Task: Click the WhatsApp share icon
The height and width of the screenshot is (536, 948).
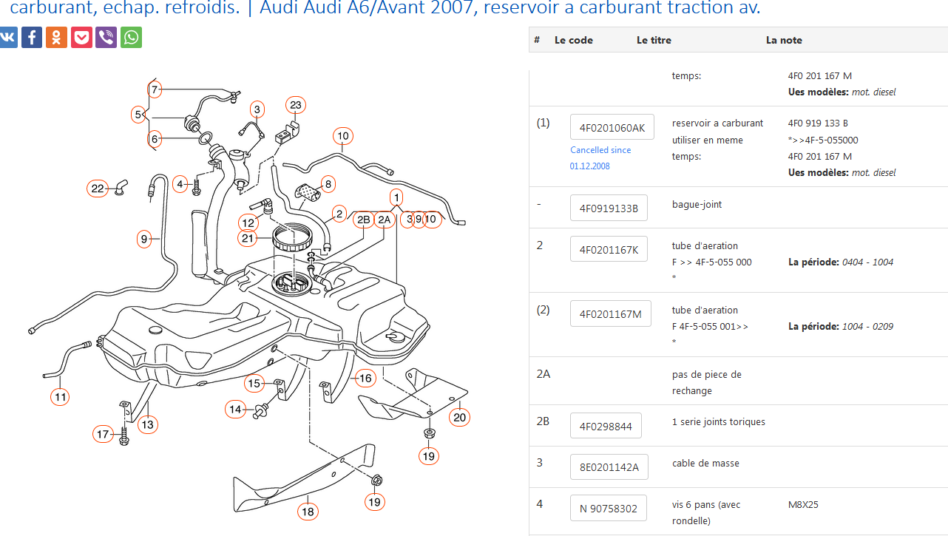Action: coord(132,37)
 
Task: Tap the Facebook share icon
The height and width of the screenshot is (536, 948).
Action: coord(32,37)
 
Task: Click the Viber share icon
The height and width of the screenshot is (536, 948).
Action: coord(106,37)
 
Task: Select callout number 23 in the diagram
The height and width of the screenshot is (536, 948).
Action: coord(296,105)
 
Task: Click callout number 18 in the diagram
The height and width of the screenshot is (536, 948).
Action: coord(308,511)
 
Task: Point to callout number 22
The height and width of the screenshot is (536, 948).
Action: coord(98,189)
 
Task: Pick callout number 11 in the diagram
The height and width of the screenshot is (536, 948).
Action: coord(61,397)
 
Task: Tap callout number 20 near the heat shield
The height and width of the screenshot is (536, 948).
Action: coord(460,417)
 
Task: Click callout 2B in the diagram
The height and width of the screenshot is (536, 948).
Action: coord(363,220)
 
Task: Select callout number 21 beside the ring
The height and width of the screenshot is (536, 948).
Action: coord(248,238)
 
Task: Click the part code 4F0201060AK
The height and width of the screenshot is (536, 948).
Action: coord(612,127)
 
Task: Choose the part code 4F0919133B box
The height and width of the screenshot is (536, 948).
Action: coord(609,208)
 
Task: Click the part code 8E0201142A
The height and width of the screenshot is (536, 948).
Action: coord(609,467)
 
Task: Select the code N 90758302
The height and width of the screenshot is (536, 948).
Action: coord(608,509)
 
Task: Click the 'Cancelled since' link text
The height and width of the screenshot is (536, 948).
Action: coord(600,150)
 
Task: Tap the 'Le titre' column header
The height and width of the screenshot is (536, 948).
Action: coord(654,40)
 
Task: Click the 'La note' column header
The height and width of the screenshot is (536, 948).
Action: coord(784,40)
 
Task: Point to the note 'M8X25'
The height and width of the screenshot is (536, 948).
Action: coord(803,505)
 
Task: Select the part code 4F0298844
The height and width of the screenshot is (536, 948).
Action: coord(606,426)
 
